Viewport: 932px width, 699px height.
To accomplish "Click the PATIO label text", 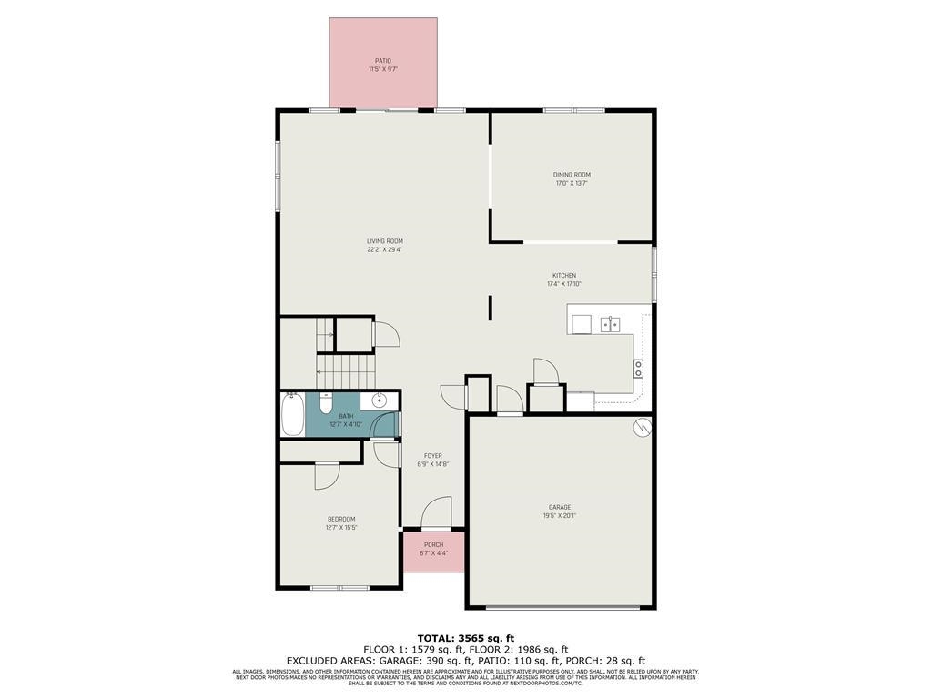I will pos(382,61).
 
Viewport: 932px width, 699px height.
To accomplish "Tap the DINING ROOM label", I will pos(572,175).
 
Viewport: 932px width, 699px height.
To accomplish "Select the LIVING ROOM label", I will pos(384,241).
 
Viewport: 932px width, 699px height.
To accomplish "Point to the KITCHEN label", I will pos(564,276).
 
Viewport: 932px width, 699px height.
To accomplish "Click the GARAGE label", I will pos(560,507).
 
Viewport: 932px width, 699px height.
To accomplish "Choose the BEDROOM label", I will pos(341,519).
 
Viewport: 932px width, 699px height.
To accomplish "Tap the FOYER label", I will pos(433,456).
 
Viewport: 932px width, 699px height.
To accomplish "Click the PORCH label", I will pos(433,545).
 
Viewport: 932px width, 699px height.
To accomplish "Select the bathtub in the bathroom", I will pos(293,414).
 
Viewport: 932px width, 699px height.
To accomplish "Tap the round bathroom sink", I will pos(380,400).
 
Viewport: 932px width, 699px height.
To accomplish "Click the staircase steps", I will pos(346,366).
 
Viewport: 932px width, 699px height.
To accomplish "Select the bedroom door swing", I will pos(327,475).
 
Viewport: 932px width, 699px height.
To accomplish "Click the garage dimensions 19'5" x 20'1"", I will pos(560,516).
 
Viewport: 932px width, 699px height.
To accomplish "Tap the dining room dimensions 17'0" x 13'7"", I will pos(572,183).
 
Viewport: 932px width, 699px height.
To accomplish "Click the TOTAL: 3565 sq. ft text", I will pos(466,637).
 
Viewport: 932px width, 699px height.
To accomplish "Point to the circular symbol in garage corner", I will pos(643,425).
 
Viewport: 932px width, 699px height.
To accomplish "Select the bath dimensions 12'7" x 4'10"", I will pos(346,424).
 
